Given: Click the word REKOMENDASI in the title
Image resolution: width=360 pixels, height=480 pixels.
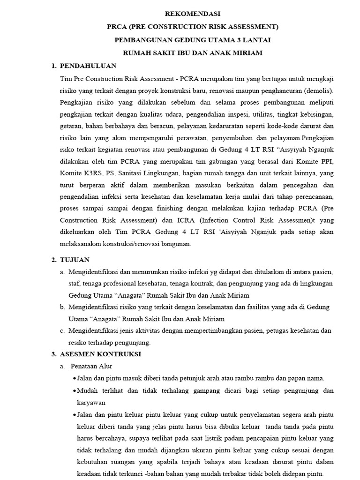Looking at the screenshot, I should coord(193,14).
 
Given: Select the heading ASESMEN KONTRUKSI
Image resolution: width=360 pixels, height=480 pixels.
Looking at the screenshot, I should coord(102,353).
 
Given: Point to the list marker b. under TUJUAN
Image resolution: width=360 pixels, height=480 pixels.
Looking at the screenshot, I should coord(62,307).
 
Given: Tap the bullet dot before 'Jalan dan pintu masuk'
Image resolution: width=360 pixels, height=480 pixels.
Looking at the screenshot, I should coord(75,379).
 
